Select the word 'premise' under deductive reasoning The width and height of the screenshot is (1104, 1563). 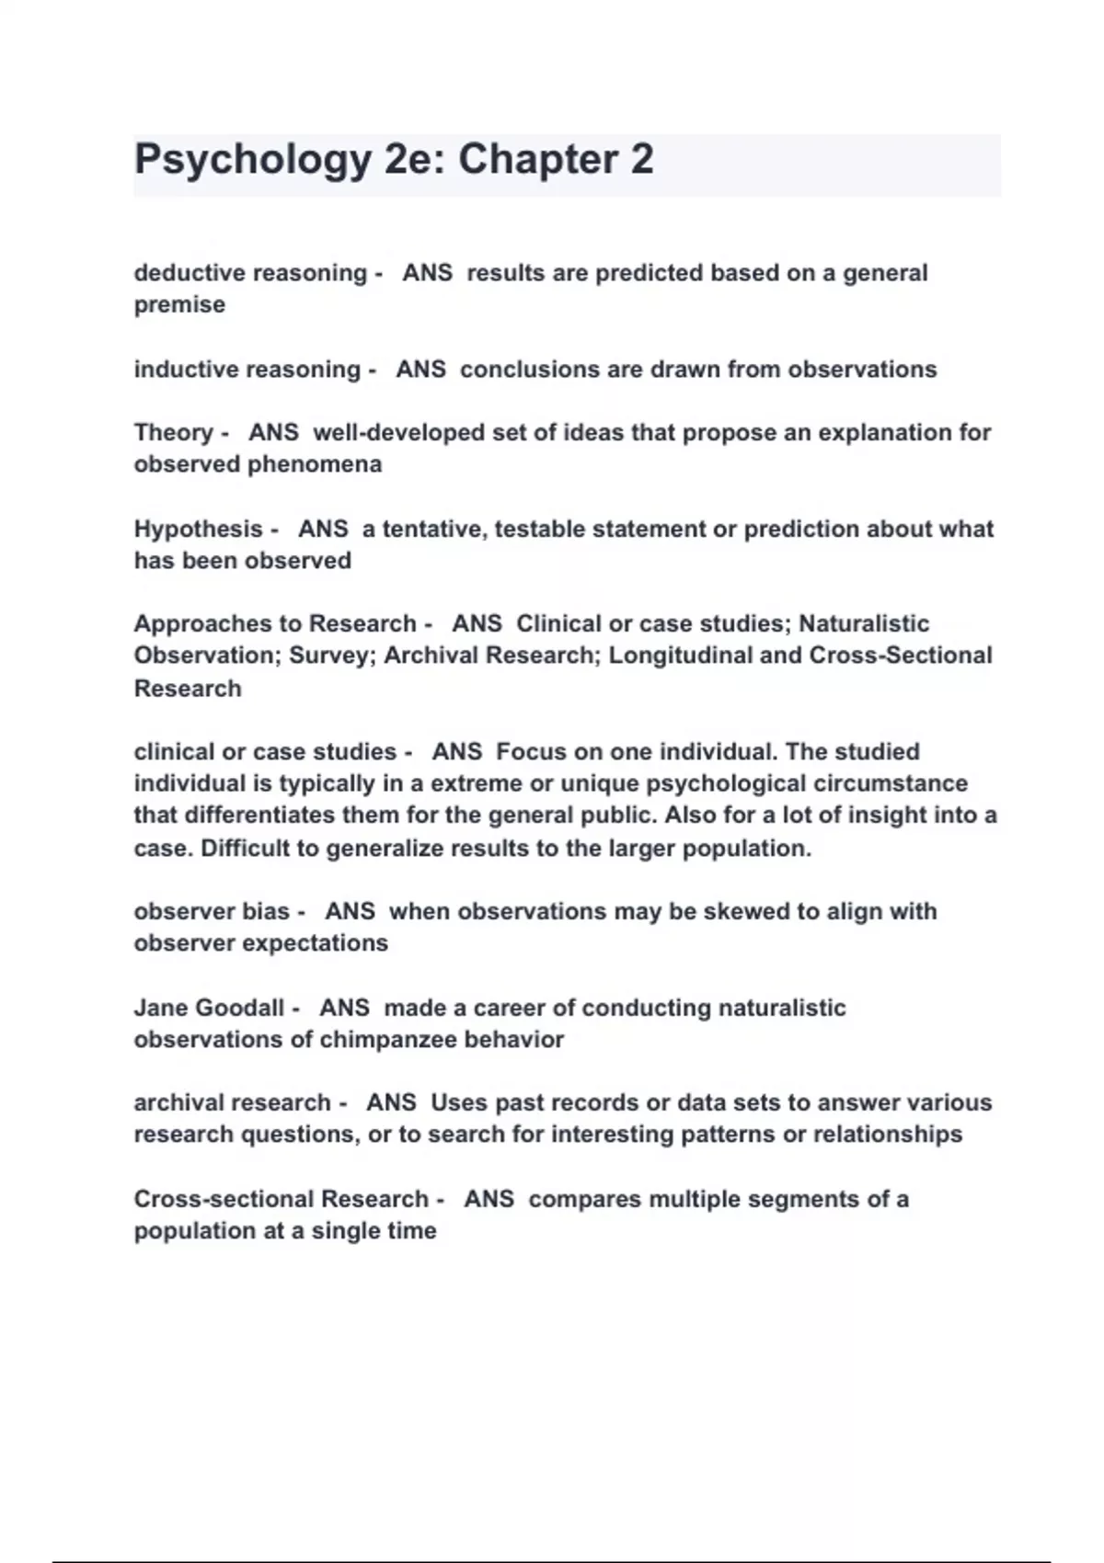tap(179, 305)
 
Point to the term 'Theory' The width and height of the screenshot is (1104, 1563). tap(174, 433)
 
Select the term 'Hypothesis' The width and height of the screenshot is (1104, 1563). tap(198, 530)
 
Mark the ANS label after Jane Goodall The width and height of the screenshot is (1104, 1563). tap(344, 1009)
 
